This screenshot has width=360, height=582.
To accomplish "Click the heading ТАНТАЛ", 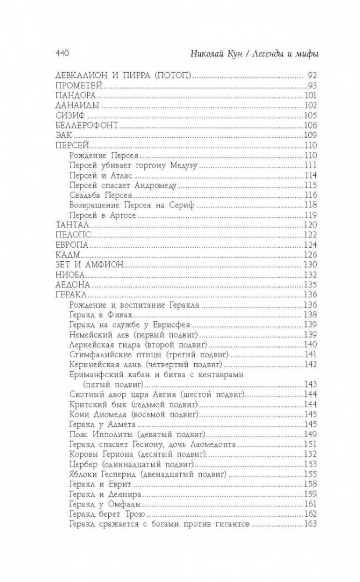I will [69, 225].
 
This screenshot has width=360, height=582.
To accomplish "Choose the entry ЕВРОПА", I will [69, 244].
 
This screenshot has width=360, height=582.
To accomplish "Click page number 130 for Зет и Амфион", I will [309, 264].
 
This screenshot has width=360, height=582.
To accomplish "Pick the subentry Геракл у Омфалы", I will [102, 504].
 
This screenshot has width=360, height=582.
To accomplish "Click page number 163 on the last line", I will [309, 524].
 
